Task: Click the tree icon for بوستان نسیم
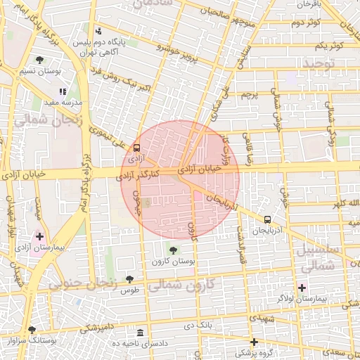click(x=39, y=60)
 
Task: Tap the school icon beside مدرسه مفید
click(x=63, y=91)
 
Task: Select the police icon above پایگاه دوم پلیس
click(x=98, y=31)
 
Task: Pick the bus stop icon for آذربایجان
click(x=267, y=219)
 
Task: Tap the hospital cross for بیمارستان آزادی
click(x=39, y=237)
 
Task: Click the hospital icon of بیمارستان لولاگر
click(x=302, y=287)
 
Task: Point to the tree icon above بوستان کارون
click(x=173, y=250)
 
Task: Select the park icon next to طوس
click(x=129, y=279)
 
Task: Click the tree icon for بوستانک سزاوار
click(x=32, y=330)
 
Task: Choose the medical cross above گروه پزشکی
click(x=254, y=342)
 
